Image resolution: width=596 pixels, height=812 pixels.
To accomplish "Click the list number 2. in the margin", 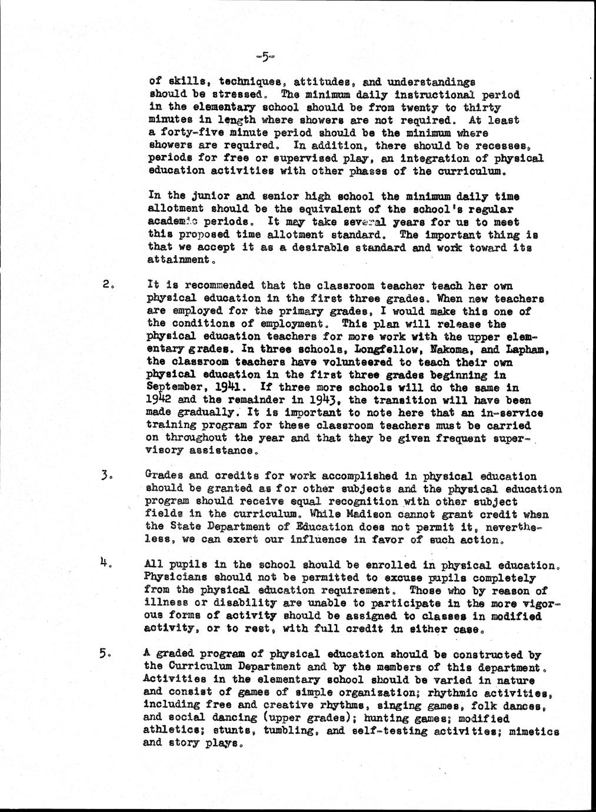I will coord(106,286).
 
